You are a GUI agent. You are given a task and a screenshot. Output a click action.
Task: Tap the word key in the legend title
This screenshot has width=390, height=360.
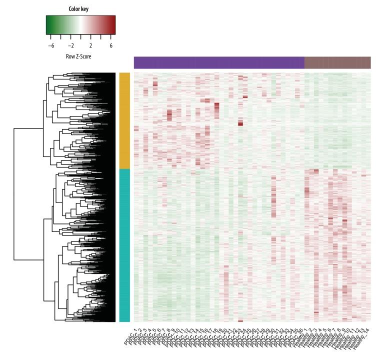coord(88,8)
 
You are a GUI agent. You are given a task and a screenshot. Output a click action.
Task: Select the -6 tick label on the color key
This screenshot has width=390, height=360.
coord(50,45)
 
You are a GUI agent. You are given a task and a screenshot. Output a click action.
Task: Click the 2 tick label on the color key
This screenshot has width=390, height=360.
coord(91,45)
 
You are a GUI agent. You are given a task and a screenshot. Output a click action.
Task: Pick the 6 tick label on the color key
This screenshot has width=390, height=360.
coord(111,45)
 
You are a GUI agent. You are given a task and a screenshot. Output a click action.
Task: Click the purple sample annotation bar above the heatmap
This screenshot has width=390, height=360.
coord(219,62)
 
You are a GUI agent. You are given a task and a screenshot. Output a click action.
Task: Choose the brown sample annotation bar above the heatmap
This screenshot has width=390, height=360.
coord(337,62)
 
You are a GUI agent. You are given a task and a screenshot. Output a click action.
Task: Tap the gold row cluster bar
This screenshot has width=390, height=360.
coord(124,120)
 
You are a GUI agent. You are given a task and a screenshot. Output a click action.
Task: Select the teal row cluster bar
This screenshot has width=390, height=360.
coord(124,245)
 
